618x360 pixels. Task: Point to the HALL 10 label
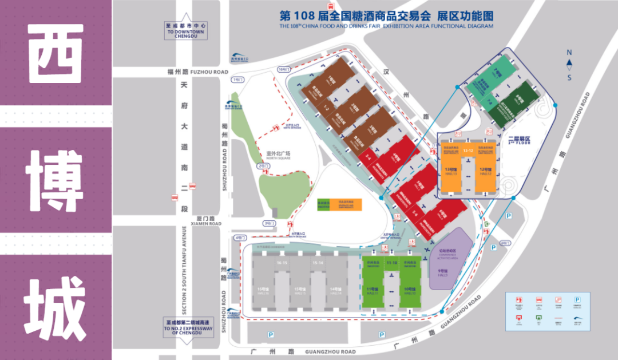[409, 292]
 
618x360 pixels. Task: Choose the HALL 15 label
[299, 292]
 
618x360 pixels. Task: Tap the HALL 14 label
[336, 292]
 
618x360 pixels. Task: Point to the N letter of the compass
[569, 52]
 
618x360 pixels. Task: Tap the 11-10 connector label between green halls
[392, 262]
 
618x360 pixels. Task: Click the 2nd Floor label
[520, 139]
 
